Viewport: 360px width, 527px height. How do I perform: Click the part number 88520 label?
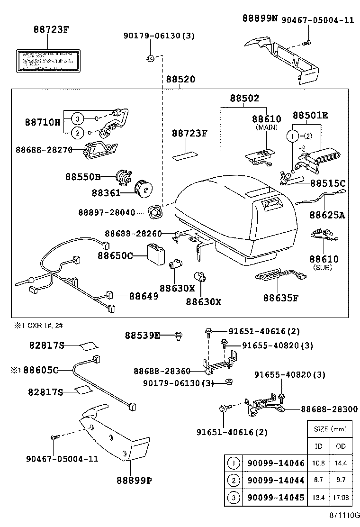point(180,80)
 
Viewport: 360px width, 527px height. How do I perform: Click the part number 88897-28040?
point(107,212)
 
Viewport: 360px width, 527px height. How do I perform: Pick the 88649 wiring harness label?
point(144,296)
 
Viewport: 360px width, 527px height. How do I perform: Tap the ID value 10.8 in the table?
point(318,463)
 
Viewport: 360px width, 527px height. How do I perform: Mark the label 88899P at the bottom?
point(134,480)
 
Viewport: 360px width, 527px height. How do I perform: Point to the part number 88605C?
point(41,370)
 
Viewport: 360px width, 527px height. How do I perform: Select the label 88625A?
point(327,215)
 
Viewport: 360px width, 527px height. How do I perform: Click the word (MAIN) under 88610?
point(266,127)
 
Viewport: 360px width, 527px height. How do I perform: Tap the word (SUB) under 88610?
point(324,268)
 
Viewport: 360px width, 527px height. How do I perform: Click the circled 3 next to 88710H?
point(78,118)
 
